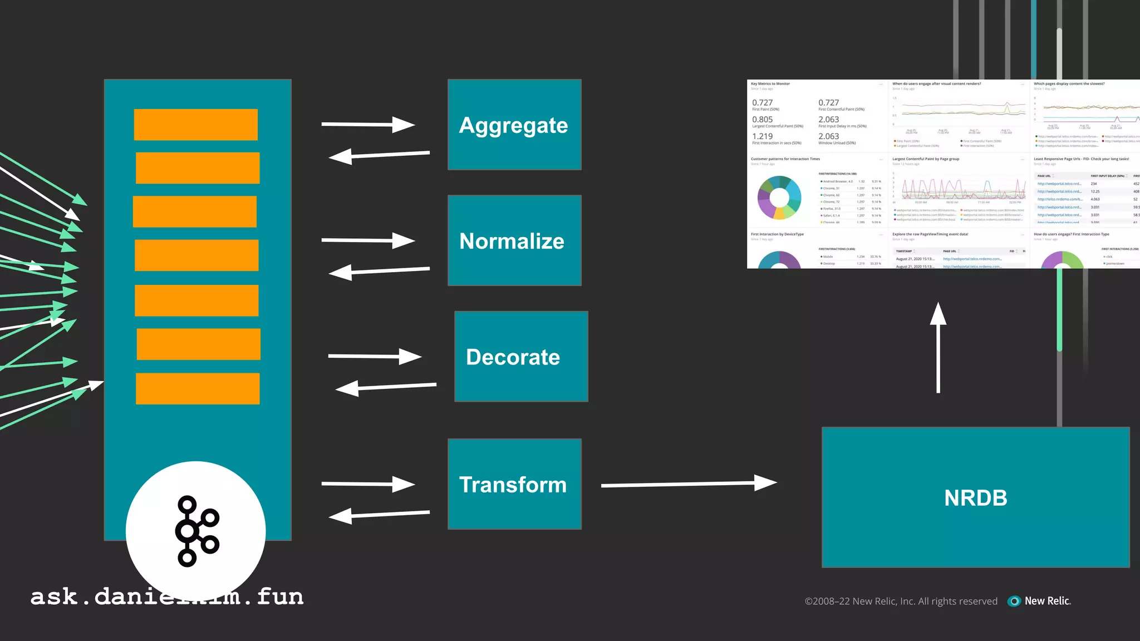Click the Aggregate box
click(x=514, y=125)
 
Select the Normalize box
click(x=514, y=240)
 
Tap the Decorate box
click(x=521, y=356)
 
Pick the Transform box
click(x=514, y=484)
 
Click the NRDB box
click(x=975, y=497)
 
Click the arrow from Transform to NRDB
click(x=688, y=484)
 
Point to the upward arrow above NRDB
click(x=938, y=347)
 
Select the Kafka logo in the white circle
click(x=196, y=531)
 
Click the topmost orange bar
click(x=196, y=125)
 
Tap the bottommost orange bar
click(x=198, y=388)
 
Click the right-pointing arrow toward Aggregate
click(x=367, y=124)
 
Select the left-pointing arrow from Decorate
click(x=385, y=387)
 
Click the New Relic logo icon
click(x=1014, y=601)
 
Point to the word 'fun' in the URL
click(x=280, y=597)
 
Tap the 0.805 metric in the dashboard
click(x=762, y=120)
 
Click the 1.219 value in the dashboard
click(x=762, y=136)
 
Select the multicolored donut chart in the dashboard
click(x=779, y=198)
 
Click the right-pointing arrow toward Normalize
click(x=367, y=240)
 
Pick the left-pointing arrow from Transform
click(x=379, y=514)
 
